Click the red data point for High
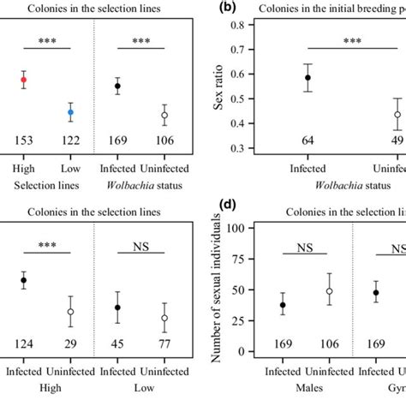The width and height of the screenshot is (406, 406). point(24,80)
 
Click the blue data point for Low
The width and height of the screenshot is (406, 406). point(71,111)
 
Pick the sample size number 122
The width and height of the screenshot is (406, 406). point(71,140)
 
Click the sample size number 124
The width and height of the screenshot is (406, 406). point(24,345)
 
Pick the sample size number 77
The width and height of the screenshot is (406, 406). point(164,345)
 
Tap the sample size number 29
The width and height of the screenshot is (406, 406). point(71,345)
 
